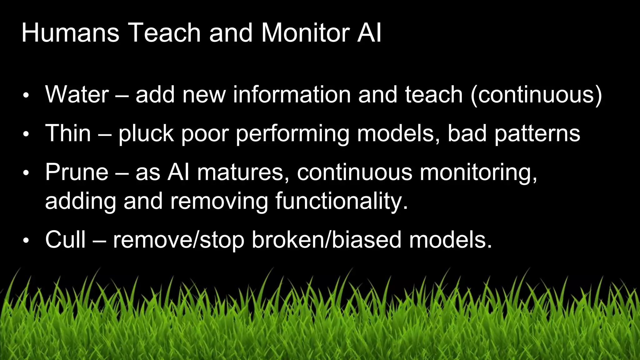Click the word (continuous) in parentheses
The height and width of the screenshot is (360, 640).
[536, 95]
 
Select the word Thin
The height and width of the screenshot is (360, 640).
[68, 133]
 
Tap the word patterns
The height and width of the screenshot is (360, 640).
[537, 134]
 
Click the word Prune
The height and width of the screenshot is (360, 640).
[77, 172]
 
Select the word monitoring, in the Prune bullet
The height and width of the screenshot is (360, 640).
[478, 173]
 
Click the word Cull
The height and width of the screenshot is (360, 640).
[65, 240]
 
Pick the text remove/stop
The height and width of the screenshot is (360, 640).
[178, 240]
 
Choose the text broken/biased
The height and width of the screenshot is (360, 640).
[327, 240]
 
